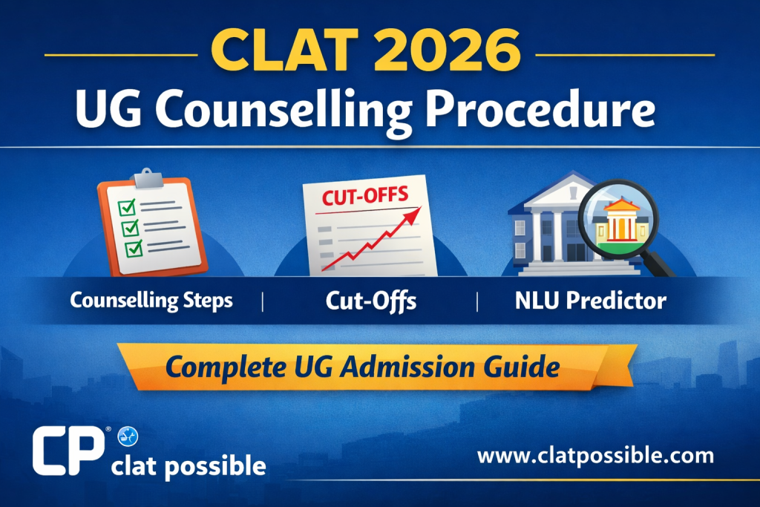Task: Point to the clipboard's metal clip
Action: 148,177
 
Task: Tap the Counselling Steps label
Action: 151,301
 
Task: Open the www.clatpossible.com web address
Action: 594,454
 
